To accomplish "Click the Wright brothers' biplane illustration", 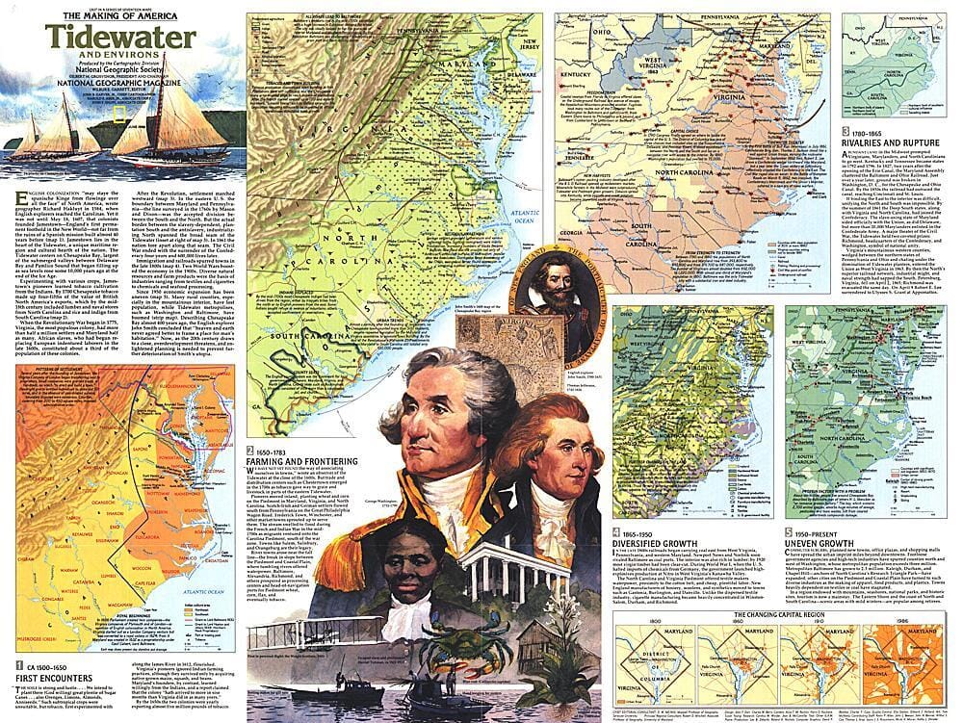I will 308,632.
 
